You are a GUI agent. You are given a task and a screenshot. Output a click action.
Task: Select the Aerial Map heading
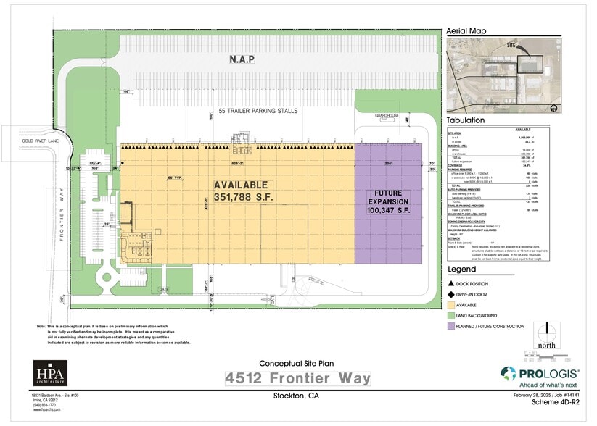coord(466,31)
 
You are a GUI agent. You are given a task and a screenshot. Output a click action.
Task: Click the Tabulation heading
coord(466,120)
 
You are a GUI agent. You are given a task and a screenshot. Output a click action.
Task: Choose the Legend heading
coord(461,270)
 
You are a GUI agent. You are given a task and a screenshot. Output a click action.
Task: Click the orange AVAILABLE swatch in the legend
coord(450,305)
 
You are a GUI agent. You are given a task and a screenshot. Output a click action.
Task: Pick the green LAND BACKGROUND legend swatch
coord(450,316)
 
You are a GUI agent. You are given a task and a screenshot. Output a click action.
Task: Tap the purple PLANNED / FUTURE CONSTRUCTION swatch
coord(450,327)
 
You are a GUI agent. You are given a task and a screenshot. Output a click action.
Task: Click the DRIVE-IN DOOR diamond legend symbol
coord(450,295)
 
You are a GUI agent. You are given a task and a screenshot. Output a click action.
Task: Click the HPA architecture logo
coord(49,373)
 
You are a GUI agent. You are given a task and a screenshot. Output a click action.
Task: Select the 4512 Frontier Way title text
coord(297,378)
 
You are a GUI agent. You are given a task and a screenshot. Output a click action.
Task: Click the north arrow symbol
coord(546,335)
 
